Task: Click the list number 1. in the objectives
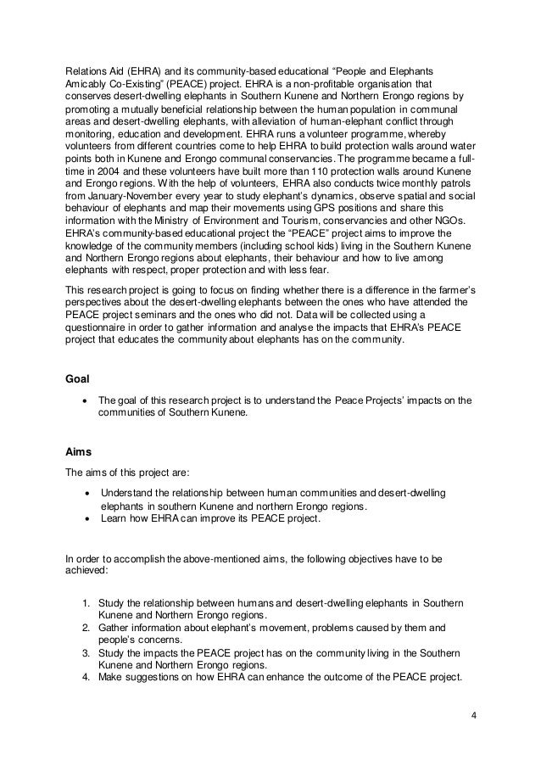click(86, 601)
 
